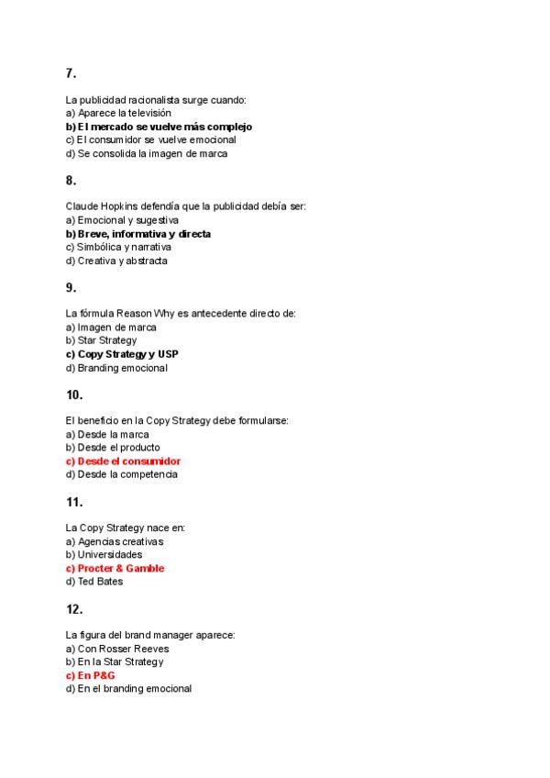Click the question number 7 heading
coord(71,73)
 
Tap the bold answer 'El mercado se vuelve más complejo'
coord(159,127)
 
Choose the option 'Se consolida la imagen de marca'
coord(147,153)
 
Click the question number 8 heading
coord(71,181)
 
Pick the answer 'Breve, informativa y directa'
coord(138,234)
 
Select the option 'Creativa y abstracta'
coord(116,261)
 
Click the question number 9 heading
coord(71,288)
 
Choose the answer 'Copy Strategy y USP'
coord(122,354)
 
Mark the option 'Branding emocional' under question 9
coord(116,368)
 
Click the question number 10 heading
coord(74,395)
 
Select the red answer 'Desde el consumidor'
coord(123,461)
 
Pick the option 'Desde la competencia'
coord(122,474)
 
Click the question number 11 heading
coord(74,502)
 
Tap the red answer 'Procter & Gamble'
coord(115,568)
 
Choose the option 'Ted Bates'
coord(94,582)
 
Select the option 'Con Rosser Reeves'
coord(117,649)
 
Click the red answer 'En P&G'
coord(90,675)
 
